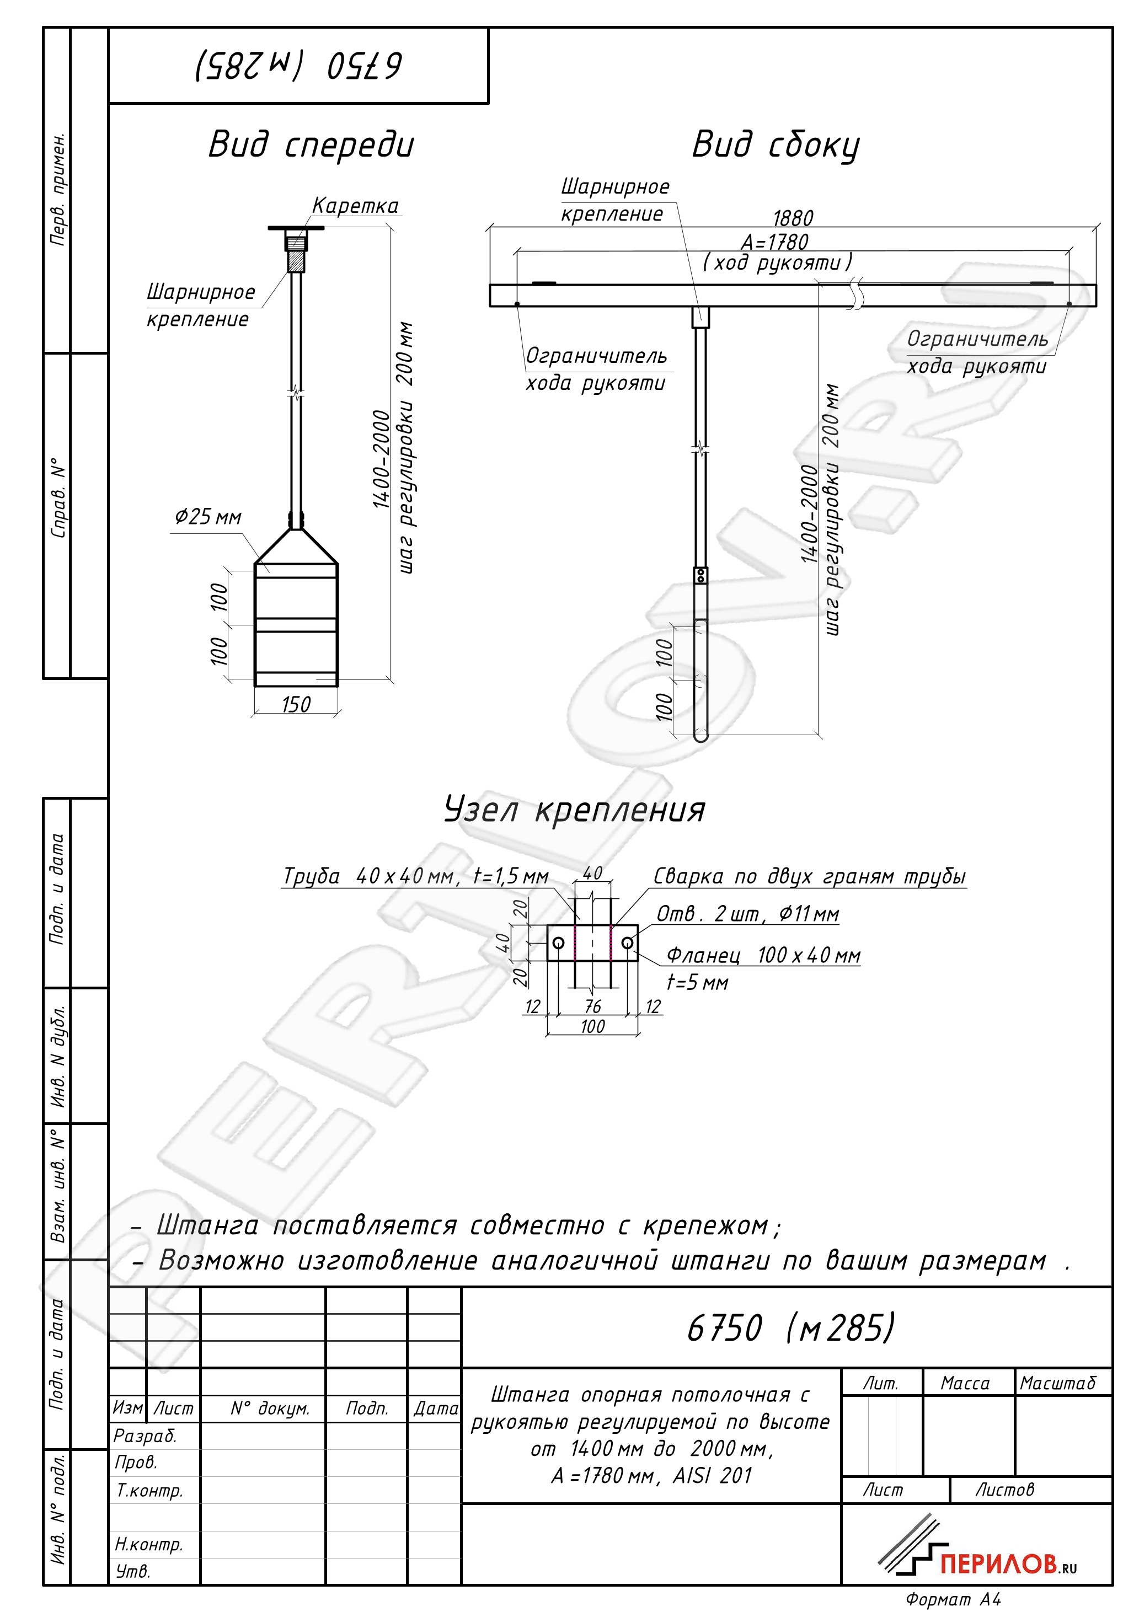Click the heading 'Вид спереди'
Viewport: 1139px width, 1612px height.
(311, 144)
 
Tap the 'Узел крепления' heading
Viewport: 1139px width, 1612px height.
(574, 810)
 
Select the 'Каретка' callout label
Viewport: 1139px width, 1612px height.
(355, 206)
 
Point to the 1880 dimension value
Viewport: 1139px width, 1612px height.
(793, 218)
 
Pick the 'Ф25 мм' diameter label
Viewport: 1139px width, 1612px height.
(208, 517)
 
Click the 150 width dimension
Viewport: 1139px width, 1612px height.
(296, 704)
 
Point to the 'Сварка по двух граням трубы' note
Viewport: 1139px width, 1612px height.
(810, 877)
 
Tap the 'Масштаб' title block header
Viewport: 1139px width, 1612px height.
(1057, 1383)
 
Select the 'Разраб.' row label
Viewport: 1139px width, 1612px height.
(145, 1436)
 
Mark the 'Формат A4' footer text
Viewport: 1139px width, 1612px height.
(954, 1599)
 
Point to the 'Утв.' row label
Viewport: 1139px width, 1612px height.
(133, 1571)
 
